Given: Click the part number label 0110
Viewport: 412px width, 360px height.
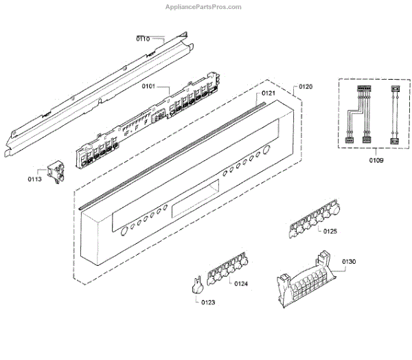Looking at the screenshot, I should pyautogui.click(x=144, y=38).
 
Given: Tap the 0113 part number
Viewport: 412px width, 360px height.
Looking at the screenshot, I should pyautogui.click(x=35, y=180).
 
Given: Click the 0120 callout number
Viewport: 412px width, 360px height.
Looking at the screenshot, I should pyautogui.click(x=305, y=87).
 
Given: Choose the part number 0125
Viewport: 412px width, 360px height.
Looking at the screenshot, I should pyautogui.click(x=330, y=232).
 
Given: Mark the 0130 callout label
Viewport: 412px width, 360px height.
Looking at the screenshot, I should pyautogui.click(x=348, y=262).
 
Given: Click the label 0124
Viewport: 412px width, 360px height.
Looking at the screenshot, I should pyautogui.click(x=240, y=283).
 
